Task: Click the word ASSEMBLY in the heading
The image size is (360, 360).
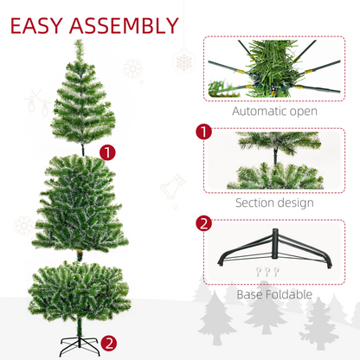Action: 129,23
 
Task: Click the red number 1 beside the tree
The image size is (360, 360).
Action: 107,152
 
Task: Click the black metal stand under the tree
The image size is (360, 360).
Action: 79,342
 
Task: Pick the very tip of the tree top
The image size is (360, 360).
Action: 79,42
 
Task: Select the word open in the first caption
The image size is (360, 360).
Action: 302,112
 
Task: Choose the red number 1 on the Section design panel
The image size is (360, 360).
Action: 204,133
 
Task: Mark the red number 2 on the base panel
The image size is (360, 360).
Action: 204,224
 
